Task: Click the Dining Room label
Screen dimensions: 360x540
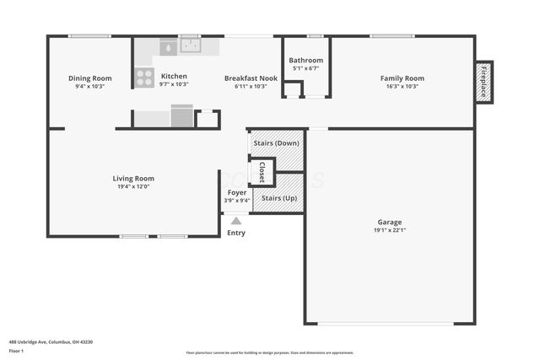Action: click(x=89, y=78)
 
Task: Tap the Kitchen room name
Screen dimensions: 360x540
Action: click(x=174, y=76)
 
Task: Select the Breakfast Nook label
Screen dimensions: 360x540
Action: click(x=245, y=78)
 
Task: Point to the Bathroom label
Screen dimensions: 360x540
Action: click(x=305, y=61)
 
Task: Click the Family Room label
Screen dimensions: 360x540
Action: click(x=402, y=78)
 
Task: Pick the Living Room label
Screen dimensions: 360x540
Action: click(x=133, y=178)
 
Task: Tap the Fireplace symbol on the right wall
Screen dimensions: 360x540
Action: click(x=483, y=83)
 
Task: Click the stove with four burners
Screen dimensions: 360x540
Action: click(x=144, y=78)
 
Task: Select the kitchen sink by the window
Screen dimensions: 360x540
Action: click(x=191, y=46)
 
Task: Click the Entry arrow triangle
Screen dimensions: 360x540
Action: click(x=236, y=221)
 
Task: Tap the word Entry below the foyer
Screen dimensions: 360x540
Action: click(x=236, y=233)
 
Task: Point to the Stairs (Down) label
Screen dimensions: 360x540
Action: click(x=276, y=142)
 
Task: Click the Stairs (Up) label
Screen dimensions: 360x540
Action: click(x=278, y=197)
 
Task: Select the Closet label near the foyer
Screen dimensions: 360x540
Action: click(x=262, y=171)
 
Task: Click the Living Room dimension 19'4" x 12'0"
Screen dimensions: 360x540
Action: click(x=133, y=186)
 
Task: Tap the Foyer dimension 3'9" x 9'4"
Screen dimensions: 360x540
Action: click(x=237, y=201)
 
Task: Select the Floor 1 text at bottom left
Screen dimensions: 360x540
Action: click(x=16, y=351)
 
